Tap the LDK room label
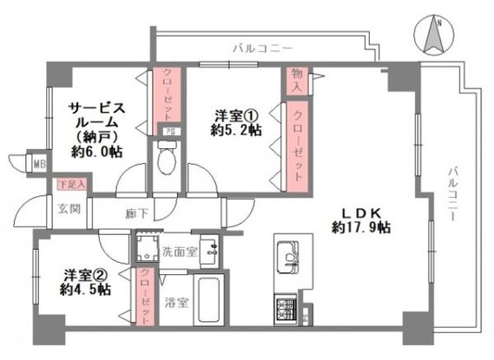(359, 212)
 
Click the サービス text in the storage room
(98, 108)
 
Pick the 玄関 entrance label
(69, 209)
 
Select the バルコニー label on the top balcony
(262, 47)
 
